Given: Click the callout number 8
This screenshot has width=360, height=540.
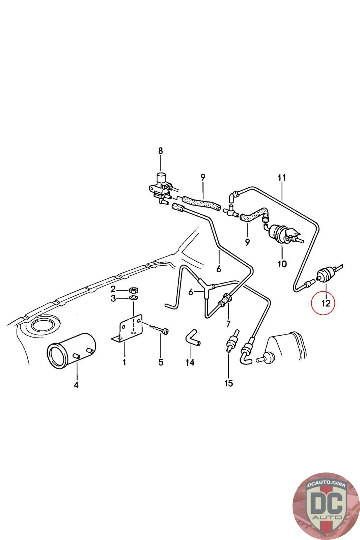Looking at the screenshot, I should click(x=161, y=151).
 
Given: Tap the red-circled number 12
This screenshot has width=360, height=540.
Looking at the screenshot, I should click(x=325, y=303).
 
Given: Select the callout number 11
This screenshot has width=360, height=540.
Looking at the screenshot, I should click(x=282, y=178).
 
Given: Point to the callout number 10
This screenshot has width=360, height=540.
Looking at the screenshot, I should click(x=282, y=263).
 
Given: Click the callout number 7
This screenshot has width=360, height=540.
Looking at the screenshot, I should click(x=228, y=324).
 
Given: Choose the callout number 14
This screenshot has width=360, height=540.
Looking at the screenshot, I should click(x=190, y=362).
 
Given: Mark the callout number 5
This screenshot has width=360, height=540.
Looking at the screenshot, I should click(x=161, y=362).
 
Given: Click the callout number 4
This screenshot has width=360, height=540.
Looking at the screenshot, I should click(x=76, y=385).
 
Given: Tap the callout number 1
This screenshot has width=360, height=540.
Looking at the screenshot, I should click(x=124, y=362).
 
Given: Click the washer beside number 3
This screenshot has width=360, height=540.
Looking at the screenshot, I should click(x=133, y=298).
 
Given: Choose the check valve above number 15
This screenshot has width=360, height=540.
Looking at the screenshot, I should click(x=231, y=341).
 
